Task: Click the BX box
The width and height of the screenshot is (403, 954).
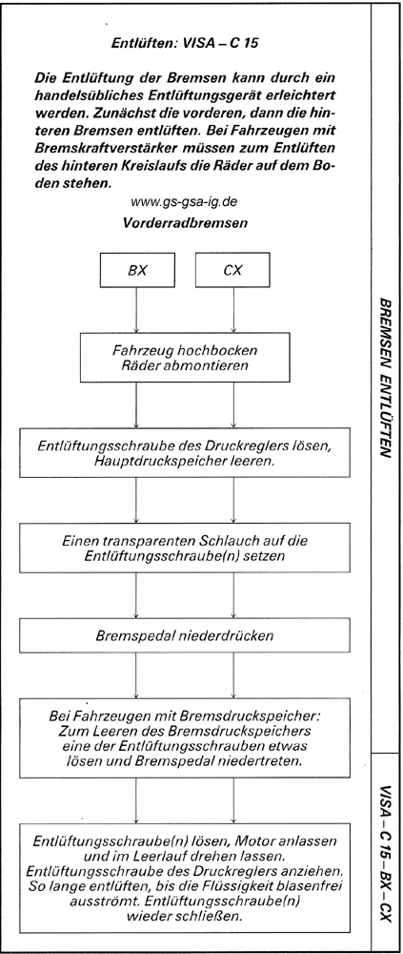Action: pyautogui.click(x=137, y=270)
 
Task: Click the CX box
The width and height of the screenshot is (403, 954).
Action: pyautogui.click(x=232, y=270)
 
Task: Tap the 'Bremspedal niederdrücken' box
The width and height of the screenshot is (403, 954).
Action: pyautogui.click(x=185, y=635)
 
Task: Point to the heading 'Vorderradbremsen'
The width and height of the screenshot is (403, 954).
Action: pyautogui.click(x=185, y=222)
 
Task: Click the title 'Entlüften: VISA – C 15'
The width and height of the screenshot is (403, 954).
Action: pyautogui.click(x=185, y=43)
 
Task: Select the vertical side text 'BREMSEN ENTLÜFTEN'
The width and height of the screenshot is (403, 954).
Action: pyautogui.click(x=387, y=377)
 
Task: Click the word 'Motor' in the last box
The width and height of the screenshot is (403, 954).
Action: pyautogui.click(x=255, y=842)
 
